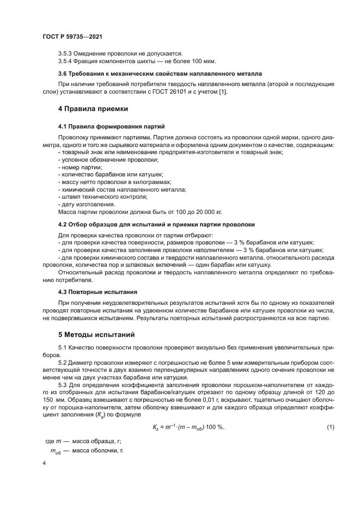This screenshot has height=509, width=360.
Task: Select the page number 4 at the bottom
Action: tap(44, 463)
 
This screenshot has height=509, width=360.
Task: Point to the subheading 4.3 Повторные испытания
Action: tap(97, 292)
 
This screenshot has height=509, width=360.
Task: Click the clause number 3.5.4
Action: tap(66, 61)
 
